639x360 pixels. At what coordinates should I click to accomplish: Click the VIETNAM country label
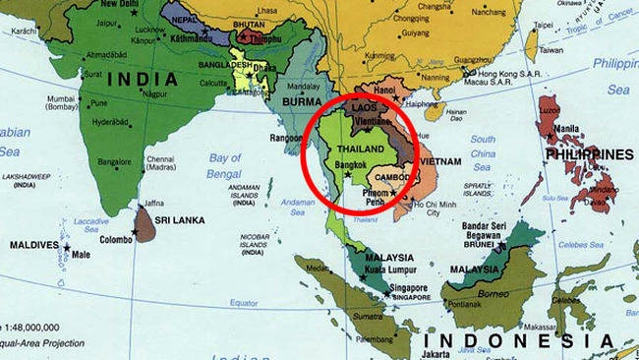442,161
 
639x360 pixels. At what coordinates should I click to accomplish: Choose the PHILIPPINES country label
591,155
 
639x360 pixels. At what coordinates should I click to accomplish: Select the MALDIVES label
31,244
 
